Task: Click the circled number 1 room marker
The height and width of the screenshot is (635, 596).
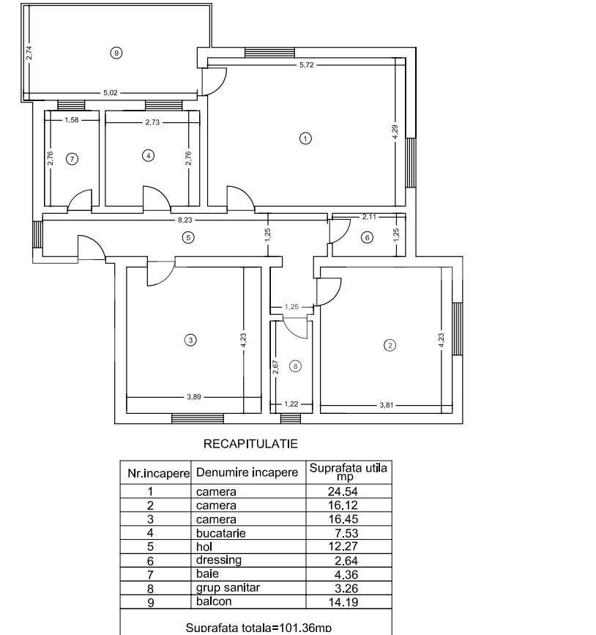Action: coord(306,138)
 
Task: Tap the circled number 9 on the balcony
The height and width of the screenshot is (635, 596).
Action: coord(115,52)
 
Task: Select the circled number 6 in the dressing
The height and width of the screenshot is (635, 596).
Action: coord(367,237)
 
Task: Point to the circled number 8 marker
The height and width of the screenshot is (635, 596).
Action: coord(295,366)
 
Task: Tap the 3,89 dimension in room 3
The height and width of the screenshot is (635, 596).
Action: coord(194,397)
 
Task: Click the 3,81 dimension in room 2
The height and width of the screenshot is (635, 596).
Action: coord(386,405)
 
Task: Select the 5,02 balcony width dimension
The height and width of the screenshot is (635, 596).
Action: coord(110,93)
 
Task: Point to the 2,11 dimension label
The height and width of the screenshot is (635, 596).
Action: coord(369,217)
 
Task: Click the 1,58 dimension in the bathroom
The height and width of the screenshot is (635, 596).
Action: coord(71,120)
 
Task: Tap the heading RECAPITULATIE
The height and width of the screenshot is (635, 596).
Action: coord(250,444)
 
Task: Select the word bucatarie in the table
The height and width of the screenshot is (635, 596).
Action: coord(221,533)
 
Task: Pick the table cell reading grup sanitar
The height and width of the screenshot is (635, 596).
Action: coord(228,587)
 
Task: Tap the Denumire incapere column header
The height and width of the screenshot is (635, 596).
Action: coord(247,473)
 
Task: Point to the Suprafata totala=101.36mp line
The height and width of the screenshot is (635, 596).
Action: coord(258,627)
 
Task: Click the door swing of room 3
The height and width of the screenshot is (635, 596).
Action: coord(160,272)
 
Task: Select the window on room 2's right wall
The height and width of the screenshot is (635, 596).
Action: coord(457,328)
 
